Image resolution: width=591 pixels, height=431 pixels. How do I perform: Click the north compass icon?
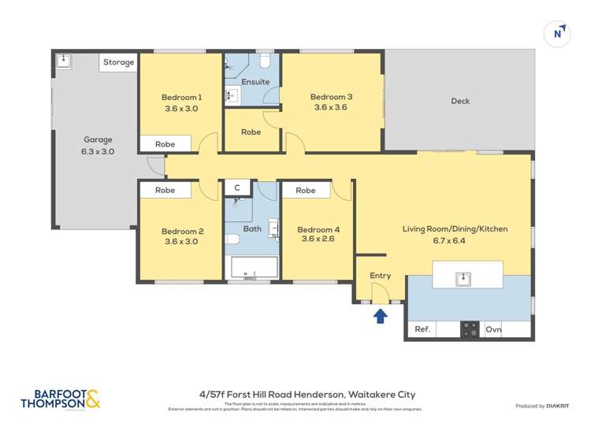[x=558, y=34]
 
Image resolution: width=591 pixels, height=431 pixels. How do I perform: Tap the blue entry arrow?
[x=380, y=316]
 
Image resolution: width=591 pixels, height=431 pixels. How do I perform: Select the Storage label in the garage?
[x=118, y=62]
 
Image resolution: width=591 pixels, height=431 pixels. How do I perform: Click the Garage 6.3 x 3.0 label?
[x=98, y=146]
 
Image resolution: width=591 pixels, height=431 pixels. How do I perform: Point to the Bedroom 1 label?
[x=181, y=97]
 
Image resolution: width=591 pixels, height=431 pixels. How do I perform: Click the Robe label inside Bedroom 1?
[x=165, y=144]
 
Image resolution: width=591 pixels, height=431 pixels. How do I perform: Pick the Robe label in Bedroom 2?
[x=165, y=190]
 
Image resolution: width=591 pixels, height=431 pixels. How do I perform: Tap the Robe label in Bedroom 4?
[x=305, y=190]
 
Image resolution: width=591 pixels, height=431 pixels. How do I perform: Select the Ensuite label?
[x=255, y=82]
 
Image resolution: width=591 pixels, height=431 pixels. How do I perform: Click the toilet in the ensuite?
[x=266, y=61]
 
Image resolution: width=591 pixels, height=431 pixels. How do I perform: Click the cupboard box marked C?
[x=237, y=188]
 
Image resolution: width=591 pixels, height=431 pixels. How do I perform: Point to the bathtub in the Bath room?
[x=251, y=268]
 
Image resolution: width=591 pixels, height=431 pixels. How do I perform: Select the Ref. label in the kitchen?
[x=422, y=329]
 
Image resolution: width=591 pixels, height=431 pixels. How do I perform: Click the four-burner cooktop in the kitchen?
[x=470, y=329]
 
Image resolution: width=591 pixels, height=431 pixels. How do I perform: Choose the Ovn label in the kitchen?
[x=493, y=329]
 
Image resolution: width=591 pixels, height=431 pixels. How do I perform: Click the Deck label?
[x=459, y=101]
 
